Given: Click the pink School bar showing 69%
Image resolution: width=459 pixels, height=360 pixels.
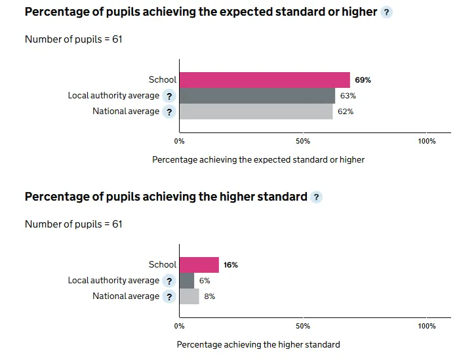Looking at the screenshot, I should coord(264,80).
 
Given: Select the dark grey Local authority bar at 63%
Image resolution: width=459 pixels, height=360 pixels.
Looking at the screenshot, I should coord(257,96).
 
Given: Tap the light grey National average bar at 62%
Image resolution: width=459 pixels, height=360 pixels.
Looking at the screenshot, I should coord(256,111).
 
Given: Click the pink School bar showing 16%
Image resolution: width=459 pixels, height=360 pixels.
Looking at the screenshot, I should coord(199,265).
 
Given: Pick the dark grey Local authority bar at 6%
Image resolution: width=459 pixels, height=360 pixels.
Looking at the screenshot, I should coord(187,281).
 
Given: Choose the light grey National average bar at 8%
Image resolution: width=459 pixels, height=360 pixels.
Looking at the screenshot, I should coord(189,296).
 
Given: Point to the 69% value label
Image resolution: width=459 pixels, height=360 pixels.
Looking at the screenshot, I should coord(363,80).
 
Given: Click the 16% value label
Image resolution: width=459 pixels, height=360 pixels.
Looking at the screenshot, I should coord(231,265).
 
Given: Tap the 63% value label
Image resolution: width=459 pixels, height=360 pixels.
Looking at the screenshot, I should coord(348,96).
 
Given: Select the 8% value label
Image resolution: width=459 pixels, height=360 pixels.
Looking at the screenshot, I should coord(210,296).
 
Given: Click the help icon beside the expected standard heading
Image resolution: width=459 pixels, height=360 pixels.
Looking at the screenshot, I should coord(386,12).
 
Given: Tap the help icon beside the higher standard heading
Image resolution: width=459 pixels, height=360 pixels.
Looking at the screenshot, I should coord(316,197).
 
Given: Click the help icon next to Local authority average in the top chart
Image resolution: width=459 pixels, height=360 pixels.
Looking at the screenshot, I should coord(169,96).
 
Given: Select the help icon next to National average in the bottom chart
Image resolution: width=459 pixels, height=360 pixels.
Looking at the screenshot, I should coord(169,296).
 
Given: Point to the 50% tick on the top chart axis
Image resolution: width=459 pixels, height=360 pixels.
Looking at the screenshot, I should coord(303,141).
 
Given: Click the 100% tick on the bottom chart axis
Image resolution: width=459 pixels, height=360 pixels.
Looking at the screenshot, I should coord(427,326).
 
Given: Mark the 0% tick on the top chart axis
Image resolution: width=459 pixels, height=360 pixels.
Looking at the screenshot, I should coord(179,141).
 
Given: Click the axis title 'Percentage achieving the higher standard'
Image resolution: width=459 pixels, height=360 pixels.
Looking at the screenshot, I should coord(258,344).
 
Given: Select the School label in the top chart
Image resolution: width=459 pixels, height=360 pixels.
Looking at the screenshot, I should coord(163,80).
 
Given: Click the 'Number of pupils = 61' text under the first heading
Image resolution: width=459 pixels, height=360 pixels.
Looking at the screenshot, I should coord(73,39).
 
